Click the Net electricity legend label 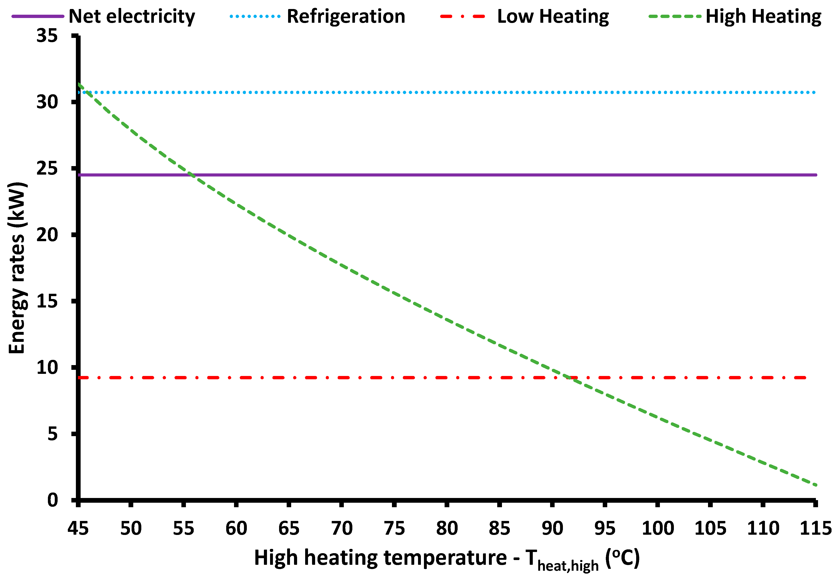pos(132,17)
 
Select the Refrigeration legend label pos(346,17)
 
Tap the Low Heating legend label pos(553,17)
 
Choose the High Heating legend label pos(763,17)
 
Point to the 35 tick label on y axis pos(47,36)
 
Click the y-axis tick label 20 pos(47,235)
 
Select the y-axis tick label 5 pos(52,434)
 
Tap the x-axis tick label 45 pos(78,528)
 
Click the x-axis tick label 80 pos(447,528)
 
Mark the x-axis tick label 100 pos(658,528)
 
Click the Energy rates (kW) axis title pos(17,268)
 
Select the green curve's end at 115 pos(815,485)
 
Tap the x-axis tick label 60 pos(236,528)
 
